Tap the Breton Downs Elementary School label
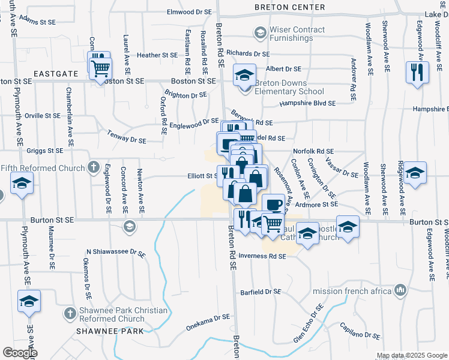(x=289, y=88)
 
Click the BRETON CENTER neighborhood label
(x=289, y=7)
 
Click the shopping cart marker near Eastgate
(x=100, y=68)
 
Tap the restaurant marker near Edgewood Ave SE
(x=416, y=73)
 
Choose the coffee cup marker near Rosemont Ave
(x=274, y=205)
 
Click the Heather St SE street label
(x=157, y=55)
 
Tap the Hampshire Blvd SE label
(x=308, y=103)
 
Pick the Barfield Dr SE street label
(x=261, y=292)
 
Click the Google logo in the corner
(x=20, y=353)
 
